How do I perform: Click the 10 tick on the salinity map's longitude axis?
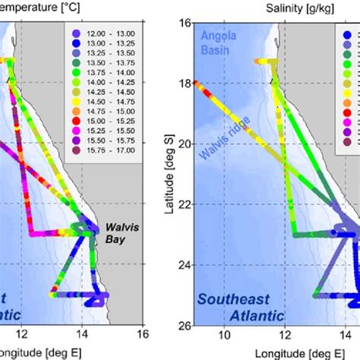224,336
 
